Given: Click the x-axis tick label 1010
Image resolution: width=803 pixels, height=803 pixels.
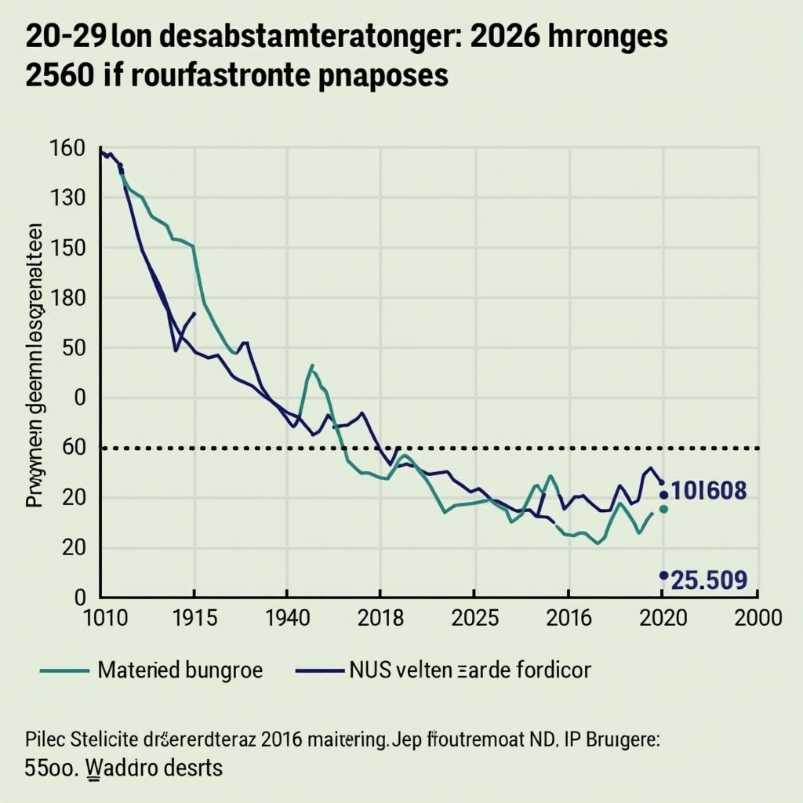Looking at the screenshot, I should pos(104,617).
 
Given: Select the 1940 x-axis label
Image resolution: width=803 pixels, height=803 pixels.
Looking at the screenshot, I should pos(287,617).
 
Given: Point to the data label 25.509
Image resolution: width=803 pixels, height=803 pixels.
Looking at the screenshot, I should pos(710,580).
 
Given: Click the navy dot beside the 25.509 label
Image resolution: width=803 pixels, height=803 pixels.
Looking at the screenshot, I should pos(663,576).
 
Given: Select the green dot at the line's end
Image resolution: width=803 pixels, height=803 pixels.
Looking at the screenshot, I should pos(663,509).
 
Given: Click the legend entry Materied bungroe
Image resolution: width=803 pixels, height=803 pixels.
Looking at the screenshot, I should pos(180,670).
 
